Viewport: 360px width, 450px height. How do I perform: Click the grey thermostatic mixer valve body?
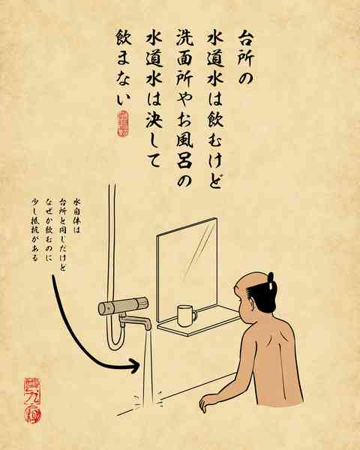[x=123, y=307]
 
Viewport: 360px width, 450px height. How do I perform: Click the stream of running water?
[x=148, y=367]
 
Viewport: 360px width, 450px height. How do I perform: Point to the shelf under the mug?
[x=202, y=321]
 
